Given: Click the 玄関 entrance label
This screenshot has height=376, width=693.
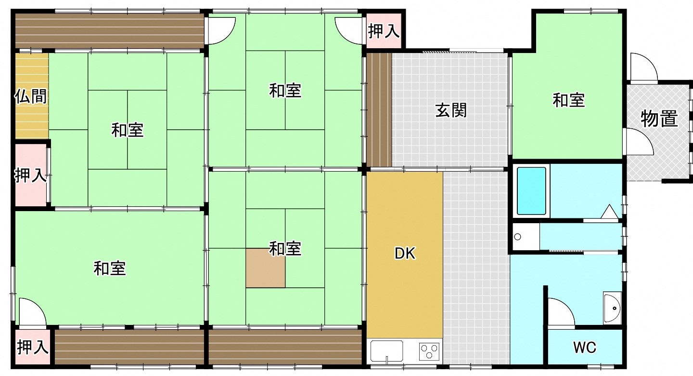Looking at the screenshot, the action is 451,111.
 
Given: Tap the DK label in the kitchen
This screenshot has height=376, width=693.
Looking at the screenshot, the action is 405,254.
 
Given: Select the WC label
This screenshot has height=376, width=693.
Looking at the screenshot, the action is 584,348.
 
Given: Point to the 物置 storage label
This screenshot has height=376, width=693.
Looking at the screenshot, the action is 659,119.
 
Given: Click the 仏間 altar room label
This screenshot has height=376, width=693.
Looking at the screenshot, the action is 31,96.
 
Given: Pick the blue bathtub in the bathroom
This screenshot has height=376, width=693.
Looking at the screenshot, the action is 531,191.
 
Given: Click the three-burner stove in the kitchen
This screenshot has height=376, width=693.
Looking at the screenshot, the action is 429,351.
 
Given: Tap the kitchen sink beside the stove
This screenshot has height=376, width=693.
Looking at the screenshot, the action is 387,351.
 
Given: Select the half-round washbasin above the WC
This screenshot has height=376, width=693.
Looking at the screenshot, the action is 612,308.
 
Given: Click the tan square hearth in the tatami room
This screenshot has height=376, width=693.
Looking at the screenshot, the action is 266,268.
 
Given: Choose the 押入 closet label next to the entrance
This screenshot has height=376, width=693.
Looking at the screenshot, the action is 384,31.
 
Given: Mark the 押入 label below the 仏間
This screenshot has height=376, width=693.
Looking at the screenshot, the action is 31,175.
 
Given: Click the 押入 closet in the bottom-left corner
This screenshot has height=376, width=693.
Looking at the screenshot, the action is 33,347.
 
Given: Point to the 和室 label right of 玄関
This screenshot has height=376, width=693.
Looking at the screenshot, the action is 569,100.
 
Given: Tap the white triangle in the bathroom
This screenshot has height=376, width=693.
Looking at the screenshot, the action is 609,212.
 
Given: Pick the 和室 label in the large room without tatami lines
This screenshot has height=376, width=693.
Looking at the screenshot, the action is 110,269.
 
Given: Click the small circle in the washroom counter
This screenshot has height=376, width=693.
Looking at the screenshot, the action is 518,237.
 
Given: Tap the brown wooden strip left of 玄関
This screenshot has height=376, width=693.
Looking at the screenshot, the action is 379,110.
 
